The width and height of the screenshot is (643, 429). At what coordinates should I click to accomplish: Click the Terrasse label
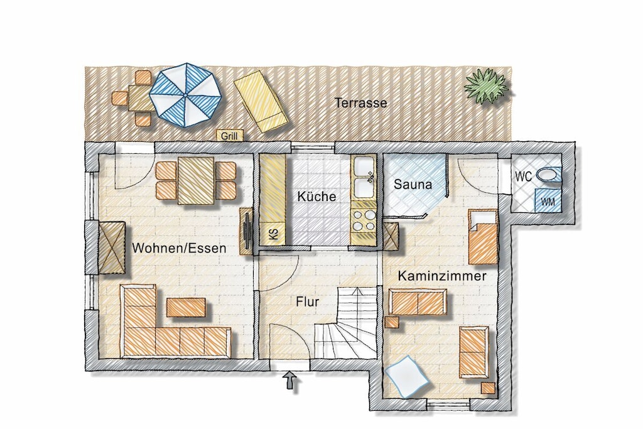(361, 102)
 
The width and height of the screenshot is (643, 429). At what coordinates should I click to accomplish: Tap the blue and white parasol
(186, 95)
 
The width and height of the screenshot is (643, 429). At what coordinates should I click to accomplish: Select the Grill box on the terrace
(230, 136)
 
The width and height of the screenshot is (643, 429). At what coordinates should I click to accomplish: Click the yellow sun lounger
(260, 101)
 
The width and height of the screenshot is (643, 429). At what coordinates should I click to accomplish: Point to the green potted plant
(486, 85)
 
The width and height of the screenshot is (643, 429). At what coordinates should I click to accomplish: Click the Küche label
(316, 197)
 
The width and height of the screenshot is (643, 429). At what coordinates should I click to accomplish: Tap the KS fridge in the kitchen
(273, 234)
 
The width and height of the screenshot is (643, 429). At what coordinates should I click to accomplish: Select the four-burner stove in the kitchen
(364, 220)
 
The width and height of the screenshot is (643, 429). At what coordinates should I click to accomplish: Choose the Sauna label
(413, 185)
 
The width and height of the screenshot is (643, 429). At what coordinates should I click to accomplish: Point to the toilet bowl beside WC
(549, 175)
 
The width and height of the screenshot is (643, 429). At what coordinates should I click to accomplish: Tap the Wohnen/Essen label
(179, 248)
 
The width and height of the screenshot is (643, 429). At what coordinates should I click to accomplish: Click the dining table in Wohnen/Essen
(196, 180)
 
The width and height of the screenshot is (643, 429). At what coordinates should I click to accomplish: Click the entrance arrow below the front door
(290, 380)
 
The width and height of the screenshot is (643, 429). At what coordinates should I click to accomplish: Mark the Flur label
(308, 302)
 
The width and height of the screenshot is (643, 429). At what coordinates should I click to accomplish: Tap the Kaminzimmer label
(442, 276)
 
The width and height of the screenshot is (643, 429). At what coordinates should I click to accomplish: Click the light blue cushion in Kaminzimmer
(407, 377)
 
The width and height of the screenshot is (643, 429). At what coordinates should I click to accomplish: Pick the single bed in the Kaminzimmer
(484, 237)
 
